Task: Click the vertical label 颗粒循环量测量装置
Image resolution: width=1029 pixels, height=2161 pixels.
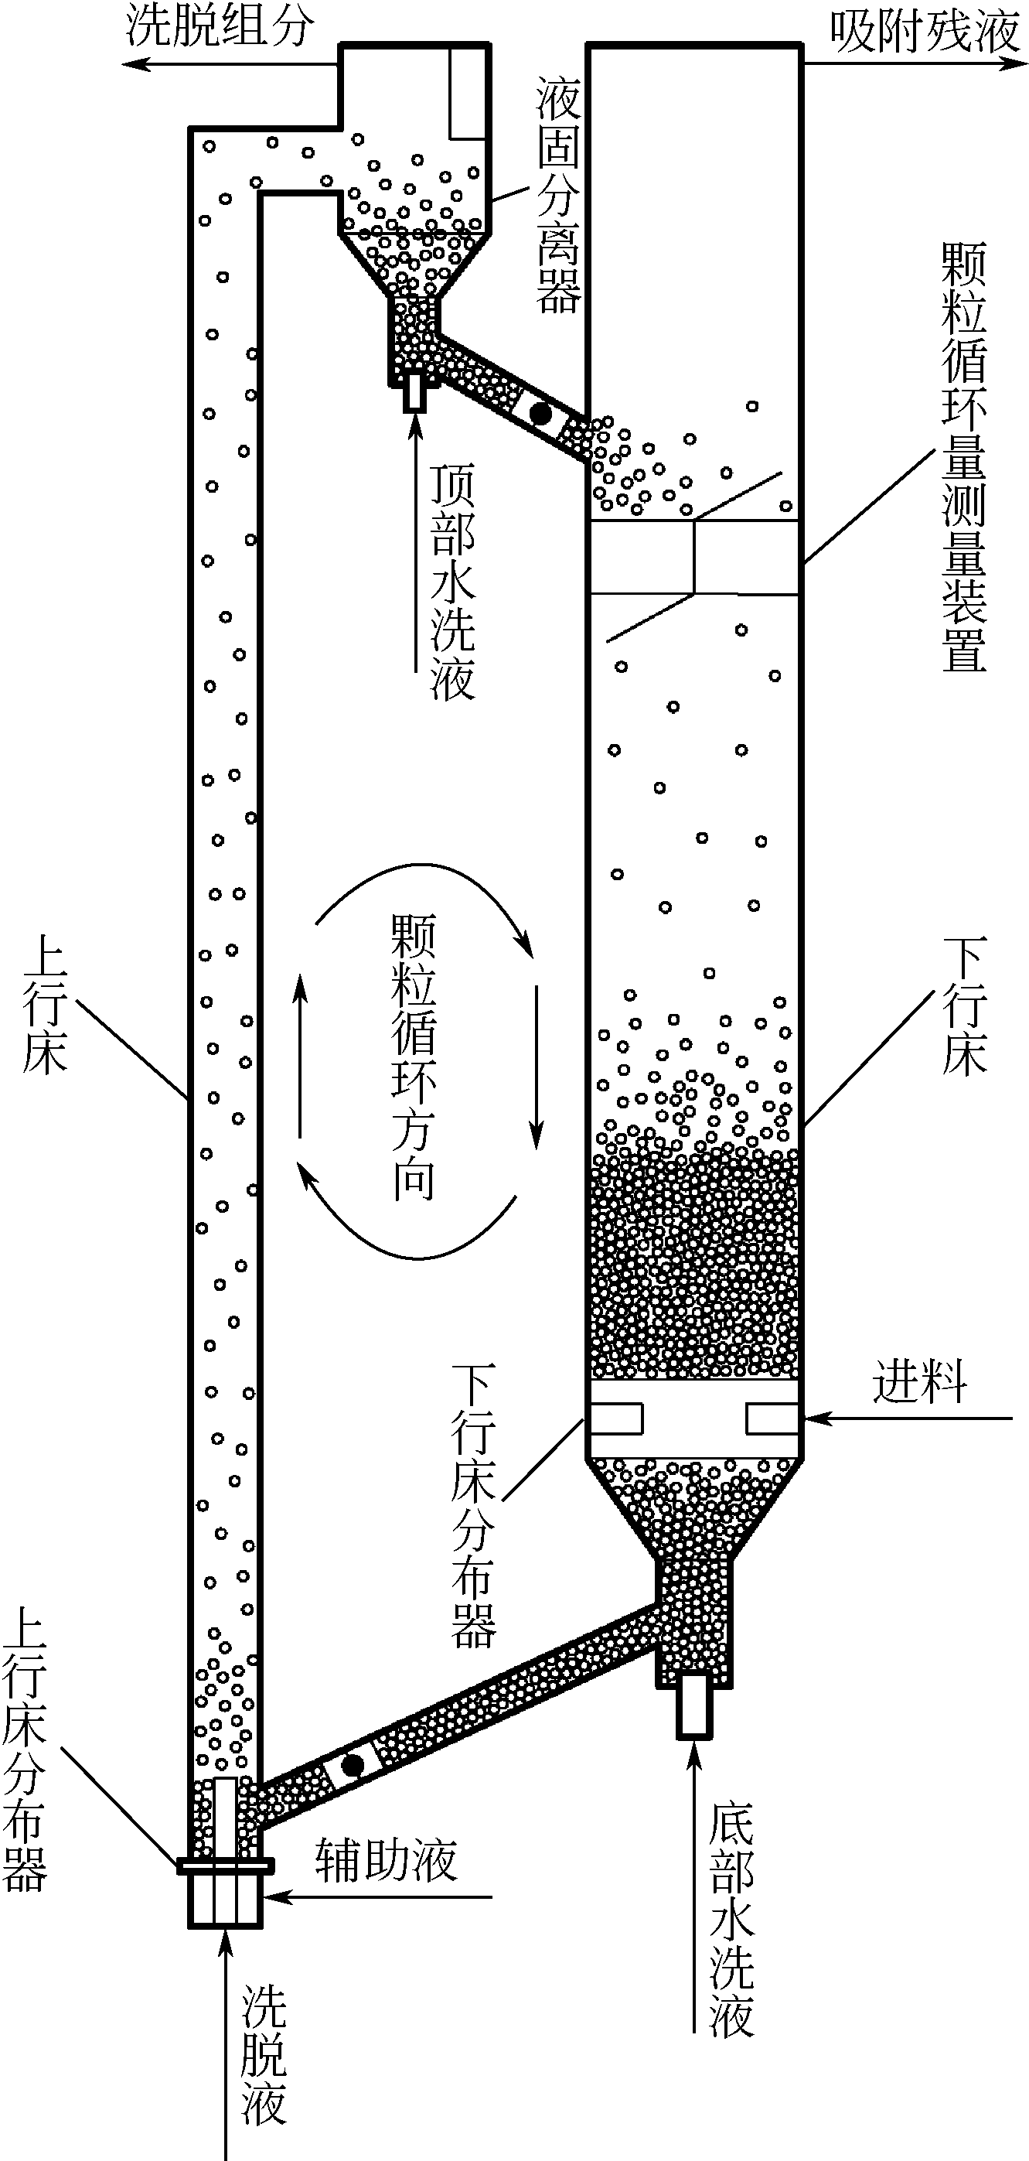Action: click(963, 457)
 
